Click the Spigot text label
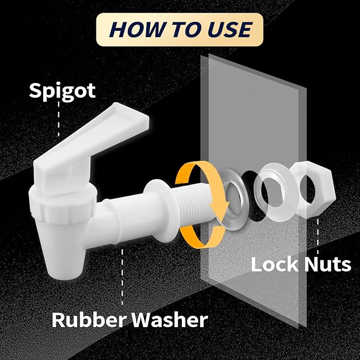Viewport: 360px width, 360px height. [x=62, y=91]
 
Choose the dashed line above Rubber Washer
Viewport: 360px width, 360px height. [x=124, y=276]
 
